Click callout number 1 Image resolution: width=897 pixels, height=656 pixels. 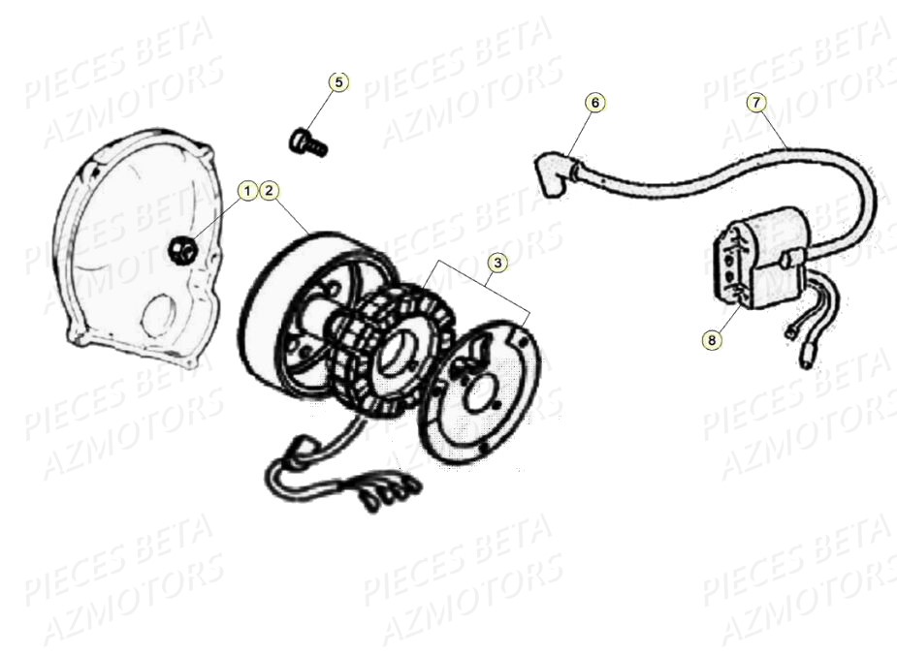coord(247,191)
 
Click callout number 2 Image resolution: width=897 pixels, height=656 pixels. coord(270,191)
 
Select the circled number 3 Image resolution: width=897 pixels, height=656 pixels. coord(496,263)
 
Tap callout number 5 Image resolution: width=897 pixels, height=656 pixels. coord(337,82)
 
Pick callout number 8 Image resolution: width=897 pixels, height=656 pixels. coord(713,339)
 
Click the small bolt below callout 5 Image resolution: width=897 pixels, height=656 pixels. coord(308,142)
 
